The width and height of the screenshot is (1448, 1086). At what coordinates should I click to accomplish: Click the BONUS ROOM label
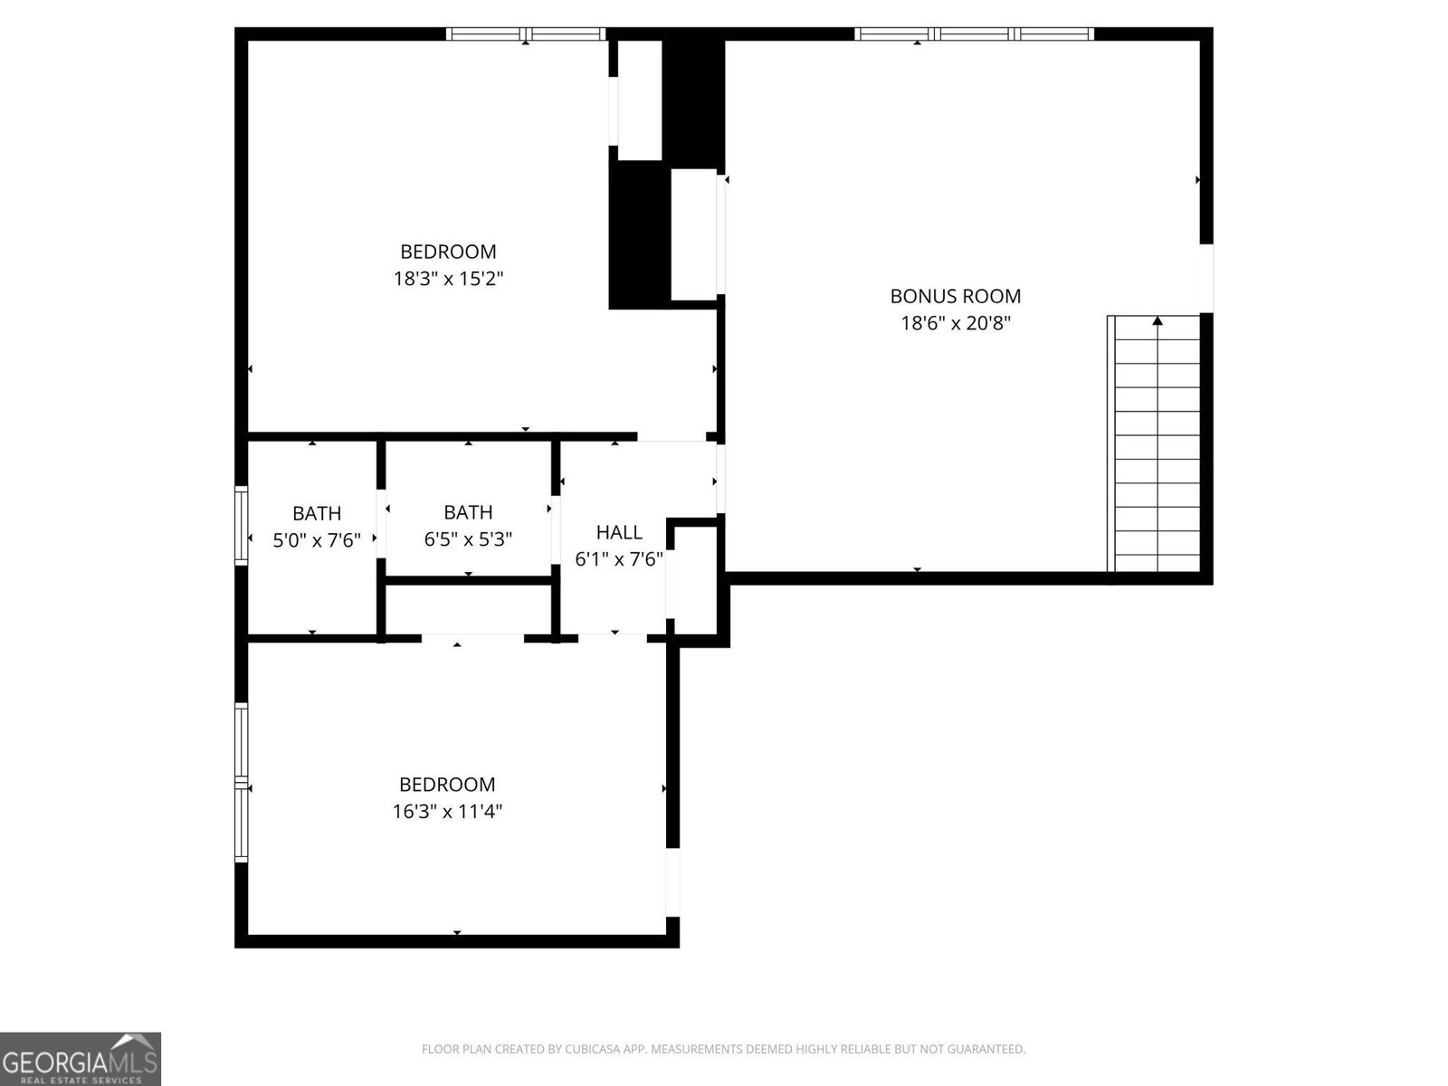tap(955, 296)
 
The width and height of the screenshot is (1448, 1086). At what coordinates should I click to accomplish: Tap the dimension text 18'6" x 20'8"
tap(955, 323)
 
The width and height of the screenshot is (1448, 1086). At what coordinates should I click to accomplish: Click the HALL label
tap(619, 532)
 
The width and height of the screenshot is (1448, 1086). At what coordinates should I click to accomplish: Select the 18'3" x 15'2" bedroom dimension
tap(448, 279)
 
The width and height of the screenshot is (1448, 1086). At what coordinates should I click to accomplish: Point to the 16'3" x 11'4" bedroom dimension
tap(447, 812)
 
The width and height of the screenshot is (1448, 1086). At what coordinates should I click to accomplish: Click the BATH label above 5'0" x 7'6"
tap(317, 513)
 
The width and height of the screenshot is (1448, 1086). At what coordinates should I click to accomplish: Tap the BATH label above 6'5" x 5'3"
tap(468, 512)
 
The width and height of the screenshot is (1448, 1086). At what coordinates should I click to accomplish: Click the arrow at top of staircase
tap(1157, 320)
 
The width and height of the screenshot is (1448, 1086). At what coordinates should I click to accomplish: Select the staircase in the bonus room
tap(1155, 443)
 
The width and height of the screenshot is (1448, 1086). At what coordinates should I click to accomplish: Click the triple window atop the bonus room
tap(975, 34)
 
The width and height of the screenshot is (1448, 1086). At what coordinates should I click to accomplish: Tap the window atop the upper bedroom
tap(526, 34)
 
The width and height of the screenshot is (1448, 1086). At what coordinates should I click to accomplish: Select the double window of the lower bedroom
tap(241, 783)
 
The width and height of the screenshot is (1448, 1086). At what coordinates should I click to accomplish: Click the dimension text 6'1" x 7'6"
tap(619, 559)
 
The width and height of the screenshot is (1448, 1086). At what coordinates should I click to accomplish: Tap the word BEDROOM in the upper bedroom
tap(448, 252)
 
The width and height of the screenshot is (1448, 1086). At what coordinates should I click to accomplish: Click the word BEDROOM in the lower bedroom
tap(447, 785)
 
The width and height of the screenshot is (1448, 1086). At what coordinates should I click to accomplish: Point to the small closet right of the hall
tap(695, 579)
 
